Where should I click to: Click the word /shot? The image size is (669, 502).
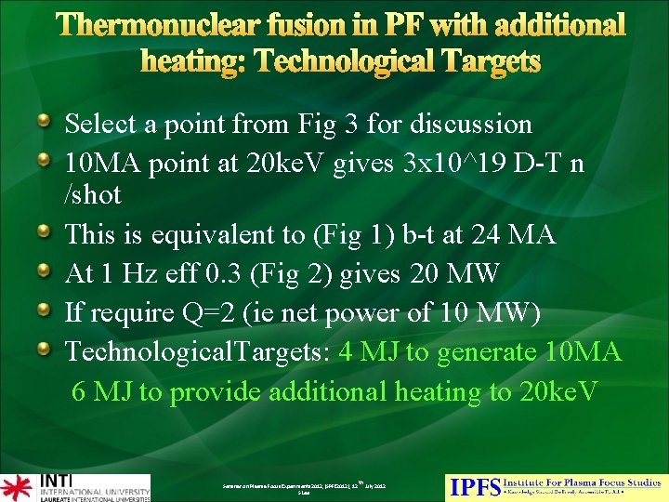click(93, 195)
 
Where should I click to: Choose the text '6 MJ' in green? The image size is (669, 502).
click(101, 391)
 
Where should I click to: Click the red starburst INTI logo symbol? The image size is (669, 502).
click(16, 487)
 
